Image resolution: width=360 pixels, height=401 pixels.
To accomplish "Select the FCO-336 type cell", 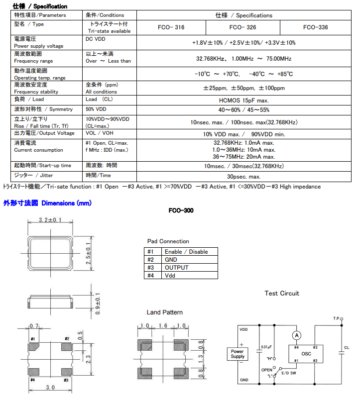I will [315, 27].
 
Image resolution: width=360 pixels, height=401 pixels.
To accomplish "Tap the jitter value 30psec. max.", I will [244, 177].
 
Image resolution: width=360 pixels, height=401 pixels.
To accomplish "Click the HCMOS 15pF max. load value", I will [244, 100].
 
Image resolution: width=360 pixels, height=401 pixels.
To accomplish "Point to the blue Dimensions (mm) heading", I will [47, 203].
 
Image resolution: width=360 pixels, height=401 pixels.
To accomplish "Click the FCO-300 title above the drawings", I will [181, 210].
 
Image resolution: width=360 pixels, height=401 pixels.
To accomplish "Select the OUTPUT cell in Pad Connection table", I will [177, 268].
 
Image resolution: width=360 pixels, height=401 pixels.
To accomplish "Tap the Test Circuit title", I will [282, 294].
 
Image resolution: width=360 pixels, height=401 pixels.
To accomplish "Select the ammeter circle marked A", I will [297, 336].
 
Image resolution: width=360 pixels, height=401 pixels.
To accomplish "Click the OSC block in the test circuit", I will [306, 354].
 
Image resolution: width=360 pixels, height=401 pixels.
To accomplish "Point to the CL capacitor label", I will [347, 347].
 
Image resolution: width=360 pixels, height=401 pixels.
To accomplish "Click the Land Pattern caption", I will [164, 312].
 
